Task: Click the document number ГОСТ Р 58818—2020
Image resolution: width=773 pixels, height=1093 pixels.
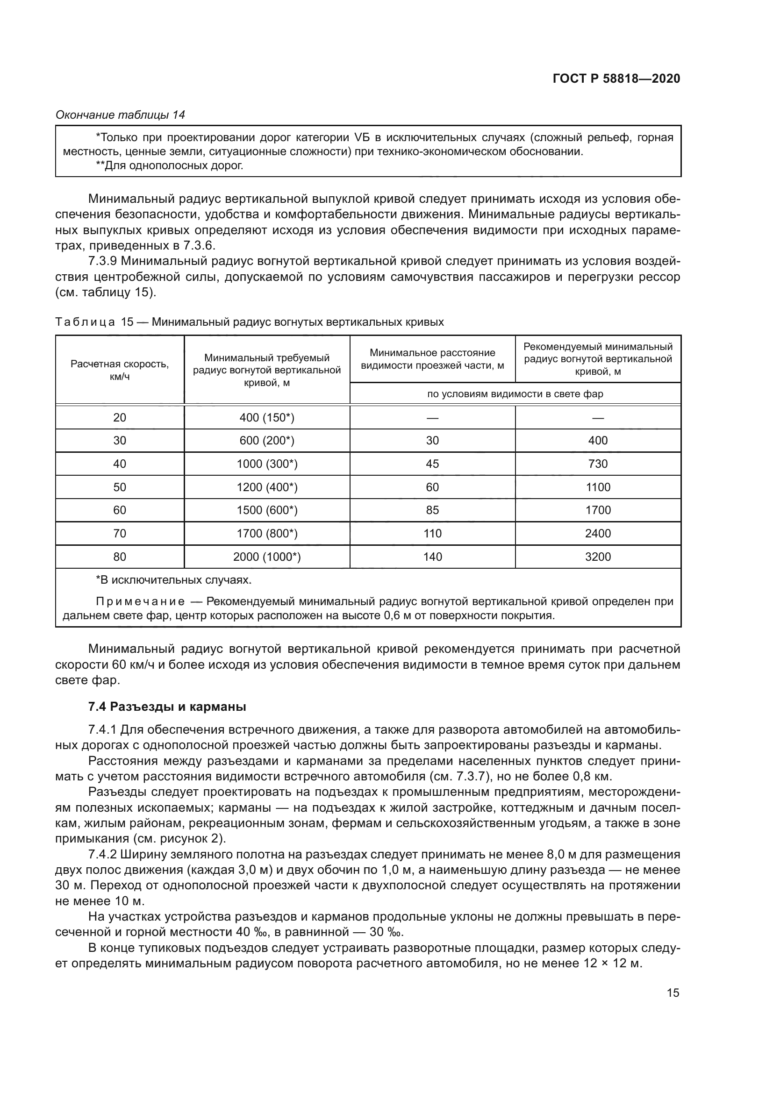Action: (x=616, y=79)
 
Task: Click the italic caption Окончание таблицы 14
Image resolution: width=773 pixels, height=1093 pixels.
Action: (x=121, y=115)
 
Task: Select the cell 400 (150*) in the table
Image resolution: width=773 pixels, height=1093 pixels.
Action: (x=266, y=417)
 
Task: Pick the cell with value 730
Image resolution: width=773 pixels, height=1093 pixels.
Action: (x=597, y=464)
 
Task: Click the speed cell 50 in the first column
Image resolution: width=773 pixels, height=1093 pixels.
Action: (x=120, y=487)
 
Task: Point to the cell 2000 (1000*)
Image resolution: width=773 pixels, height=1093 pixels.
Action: (x=266, y=557)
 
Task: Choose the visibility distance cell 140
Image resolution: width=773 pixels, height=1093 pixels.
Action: (x=432, y=557)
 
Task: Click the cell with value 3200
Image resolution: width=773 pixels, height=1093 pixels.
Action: (x=597, y=557)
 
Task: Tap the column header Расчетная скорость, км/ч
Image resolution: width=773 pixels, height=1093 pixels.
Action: (x=120, y=370)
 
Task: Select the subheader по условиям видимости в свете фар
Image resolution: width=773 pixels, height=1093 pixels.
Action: (x=515, y=393)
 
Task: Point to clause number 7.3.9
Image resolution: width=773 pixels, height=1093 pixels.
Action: (x=103, y=261)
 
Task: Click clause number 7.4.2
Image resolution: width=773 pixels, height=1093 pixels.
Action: (x=103, y=855)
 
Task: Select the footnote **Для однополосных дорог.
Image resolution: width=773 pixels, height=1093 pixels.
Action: (x=170, y=166)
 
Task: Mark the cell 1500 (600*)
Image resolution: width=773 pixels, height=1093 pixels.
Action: (x=266, y=510)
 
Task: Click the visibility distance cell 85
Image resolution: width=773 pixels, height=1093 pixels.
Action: (x=432, y=510)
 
